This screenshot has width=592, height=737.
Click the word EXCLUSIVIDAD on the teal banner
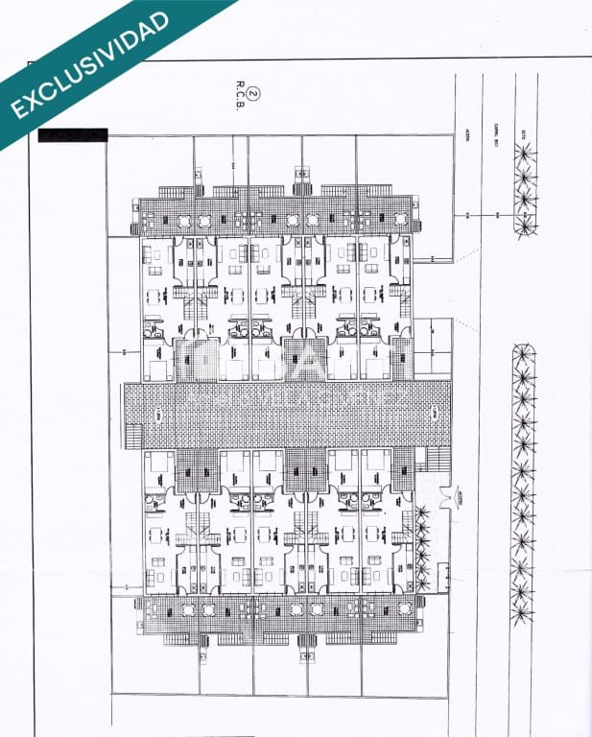(x=91, y=64)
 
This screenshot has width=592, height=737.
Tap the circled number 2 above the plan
(x=253, y=94)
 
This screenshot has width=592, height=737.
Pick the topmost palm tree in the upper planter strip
(x=524, y=154)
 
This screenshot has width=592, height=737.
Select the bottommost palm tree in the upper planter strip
(x=524, y=225)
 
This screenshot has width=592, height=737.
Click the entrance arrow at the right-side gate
(x=444, y=498)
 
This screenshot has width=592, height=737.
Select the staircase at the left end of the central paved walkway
(x=133, y=438)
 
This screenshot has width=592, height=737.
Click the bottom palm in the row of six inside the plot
(x=421, y=582)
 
